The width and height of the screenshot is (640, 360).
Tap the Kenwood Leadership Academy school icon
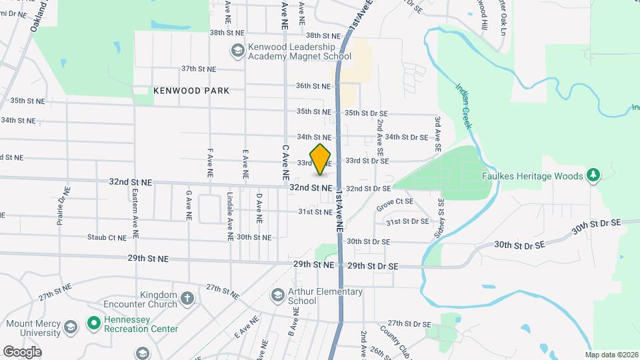click(x=237, y=51)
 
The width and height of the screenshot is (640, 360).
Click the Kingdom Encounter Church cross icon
click(x=187, y=297)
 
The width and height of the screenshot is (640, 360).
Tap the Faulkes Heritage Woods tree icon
click(x=592, y=175)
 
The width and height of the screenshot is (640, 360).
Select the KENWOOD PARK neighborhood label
click(x=191, y=91)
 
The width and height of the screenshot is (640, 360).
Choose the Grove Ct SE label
click(x=395, y=201)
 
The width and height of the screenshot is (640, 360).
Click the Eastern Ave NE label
click(x=135, y=214)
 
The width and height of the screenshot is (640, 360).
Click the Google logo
click(x=22, y=351)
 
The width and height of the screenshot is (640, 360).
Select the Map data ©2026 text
click(x=610, y=355)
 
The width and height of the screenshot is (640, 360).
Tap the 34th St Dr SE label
click(x=406, y=137)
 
